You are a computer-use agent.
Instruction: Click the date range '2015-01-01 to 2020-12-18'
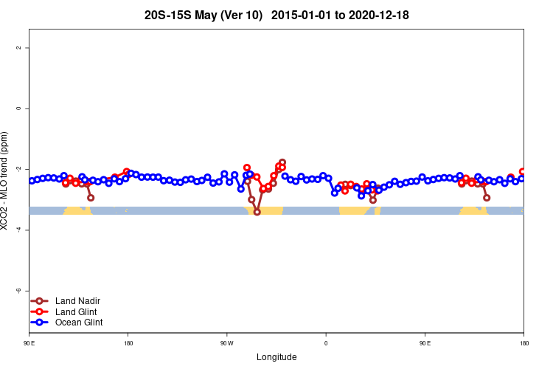point(340,15)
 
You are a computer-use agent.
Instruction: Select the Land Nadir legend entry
point(77,301)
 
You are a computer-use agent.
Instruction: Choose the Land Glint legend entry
point(77,312)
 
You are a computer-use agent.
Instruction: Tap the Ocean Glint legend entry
point(79,323)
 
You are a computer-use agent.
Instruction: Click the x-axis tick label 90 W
point(226,343)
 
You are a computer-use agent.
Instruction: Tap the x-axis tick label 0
point(326,343)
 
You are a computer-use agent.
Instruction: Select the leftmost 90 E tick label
point(29,343)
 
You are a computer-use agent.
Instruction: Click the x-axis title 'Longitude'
point(276,357)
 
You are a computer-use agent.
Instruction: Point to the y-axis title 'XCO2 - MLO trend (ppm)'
point(7,181)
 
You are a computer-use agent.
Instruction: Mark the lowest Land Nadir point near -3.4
point(257,212)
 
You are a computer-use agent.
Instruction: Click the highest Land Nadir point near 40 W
point(282,162)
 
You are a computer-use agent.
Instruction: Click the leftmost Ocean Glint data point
point(31,181)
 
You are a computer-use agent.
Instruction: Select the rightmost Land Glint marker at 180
point(523,171)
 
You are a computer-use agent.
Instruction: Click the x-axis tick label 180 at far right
point(524,343)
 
